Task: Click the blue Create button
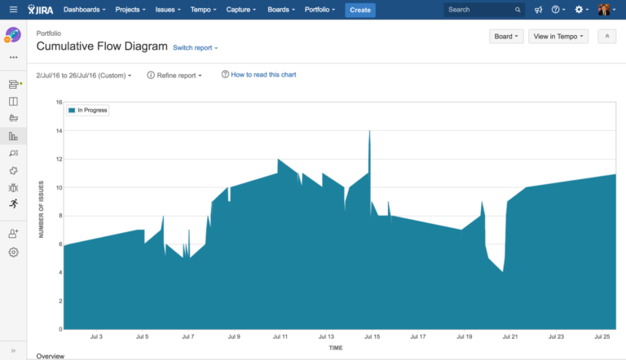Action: tap(360, 10)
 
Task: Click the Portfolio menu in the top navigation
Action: tap(320, 10)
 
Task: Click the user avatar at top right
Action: tap(604, 10)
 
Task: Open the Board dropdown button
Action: tap(505, 37)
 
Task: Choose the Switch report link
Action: tap(195, 48)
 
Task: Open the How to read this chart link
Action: tap(258, 75)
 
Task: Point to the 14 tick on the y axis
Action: tap(59, 131)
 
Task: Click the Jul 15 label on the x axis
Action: tap(372, 336)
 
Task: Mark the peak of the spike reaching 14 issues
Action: tap(369, 131)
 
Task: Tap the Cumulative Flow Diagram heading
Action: tap(102, 46)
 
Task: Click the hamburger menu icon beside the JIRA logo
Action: tap(12, 10)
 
